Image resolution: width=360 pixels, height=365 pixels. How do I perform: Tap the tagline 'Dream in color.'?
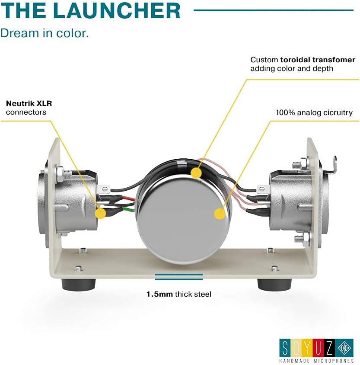pos(45,33)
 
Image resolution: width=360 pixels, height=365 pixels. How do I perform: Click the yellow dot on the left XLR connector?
pos(101,213)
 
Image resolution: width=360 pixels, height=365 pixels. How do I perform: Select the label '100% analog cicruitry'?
pos(314,112)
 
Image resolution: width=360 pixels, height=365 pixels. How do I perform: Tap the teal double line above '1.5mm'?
pos(178,277)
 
